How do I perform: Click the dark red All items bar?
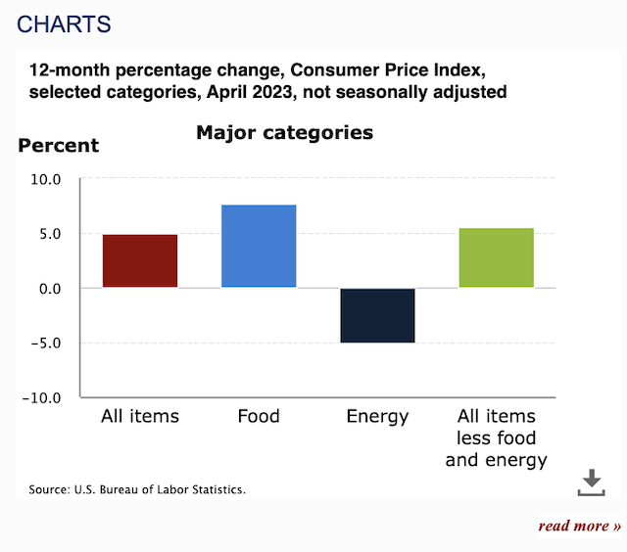[140, 260]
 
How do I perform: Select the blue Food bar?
[259, 246]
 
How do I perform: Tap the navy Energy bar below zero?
[377, 315]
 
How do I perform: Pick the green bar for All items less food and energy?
[496, 257]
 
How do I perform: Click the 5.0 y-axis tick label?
[46, 234]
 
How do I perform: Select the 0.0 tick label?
[46, 289]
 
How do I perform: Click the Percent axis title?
[59, 146]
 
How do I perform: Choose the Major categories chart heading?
[284, 132]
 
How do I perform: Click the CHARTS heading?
[65, 23]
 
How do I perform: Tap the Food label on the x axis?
[259, 417]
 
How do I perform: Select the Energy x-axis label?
[377, 417]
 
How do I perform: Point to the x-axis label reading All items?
[140, 417]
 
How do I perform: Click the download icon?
[591, 482]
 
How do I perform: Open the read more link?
[579, 526]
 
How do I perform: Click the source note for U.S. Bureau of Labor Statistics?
[136, 488]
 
